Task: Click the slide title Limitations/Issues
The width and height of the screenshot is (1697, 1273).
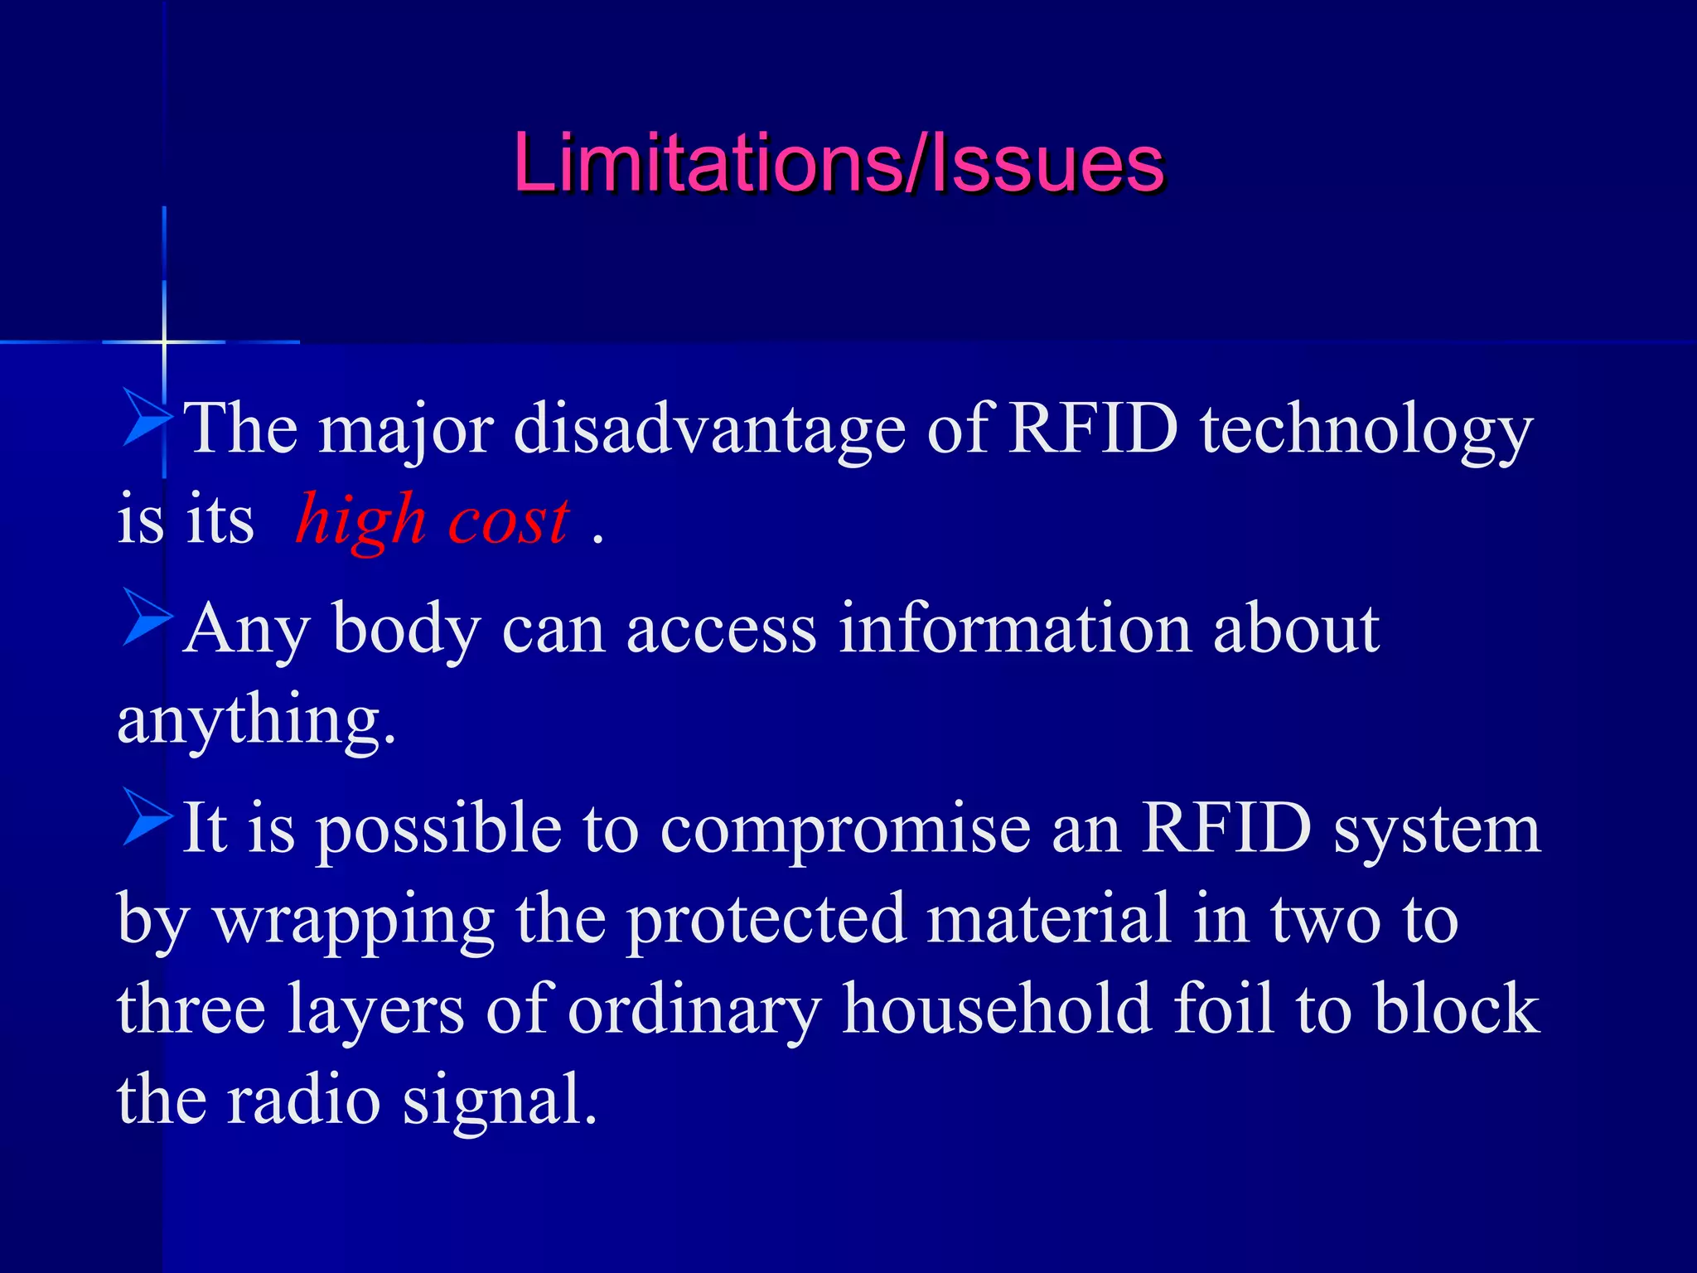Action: pos(839,163)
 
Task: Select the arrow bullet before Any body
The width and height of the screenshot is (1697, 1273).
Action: pos(147,617)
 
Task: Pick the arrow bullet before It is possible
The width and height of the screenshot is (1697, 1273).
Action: pos(147,817)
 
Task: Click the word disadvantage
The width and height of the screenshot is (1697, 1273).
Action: pos(709,431)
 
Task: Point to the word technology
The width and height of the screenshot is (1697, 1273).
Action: pos(1366,431)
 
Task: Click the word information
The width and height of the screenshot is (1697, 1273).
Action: pos(1015,629)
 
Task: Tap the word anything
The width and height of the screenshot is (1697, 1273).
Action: pos(256,719)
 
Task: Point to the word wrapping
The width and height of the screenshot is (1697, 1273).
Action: pos(355,920)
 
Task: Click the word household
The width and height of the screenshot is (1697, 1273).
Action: pos(997,1009)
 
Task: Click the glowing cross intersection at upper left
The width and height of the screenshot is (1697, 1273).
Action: pos(164,341)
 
